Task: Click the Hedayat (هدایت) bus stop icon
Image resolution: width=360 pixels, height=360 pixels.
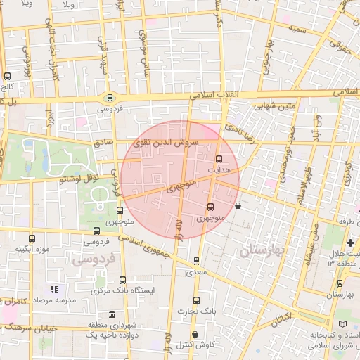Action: pos(218,159)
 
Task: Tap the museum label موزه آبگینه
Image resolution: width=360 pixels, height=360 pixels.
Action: pos(32,249)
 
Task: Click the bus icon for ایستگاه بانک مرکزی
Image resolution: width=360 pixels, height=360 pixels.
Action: pos(123,279)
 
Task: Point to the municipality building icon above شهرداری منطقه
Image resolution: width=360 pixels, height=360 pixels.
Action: pos(112,314)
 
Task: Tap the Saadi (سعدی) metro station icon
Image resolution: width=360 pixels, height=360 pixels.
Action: pos(196,260)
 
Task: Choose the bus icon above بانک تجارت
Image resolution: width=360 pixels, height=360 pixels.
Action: pos(196,300)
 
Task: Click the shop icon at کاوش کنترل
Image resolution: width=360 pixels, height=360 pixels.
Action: pos(195,334)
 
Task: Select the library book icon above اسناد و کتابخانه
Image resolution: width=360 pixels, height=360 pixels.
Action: pos(342,323)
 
